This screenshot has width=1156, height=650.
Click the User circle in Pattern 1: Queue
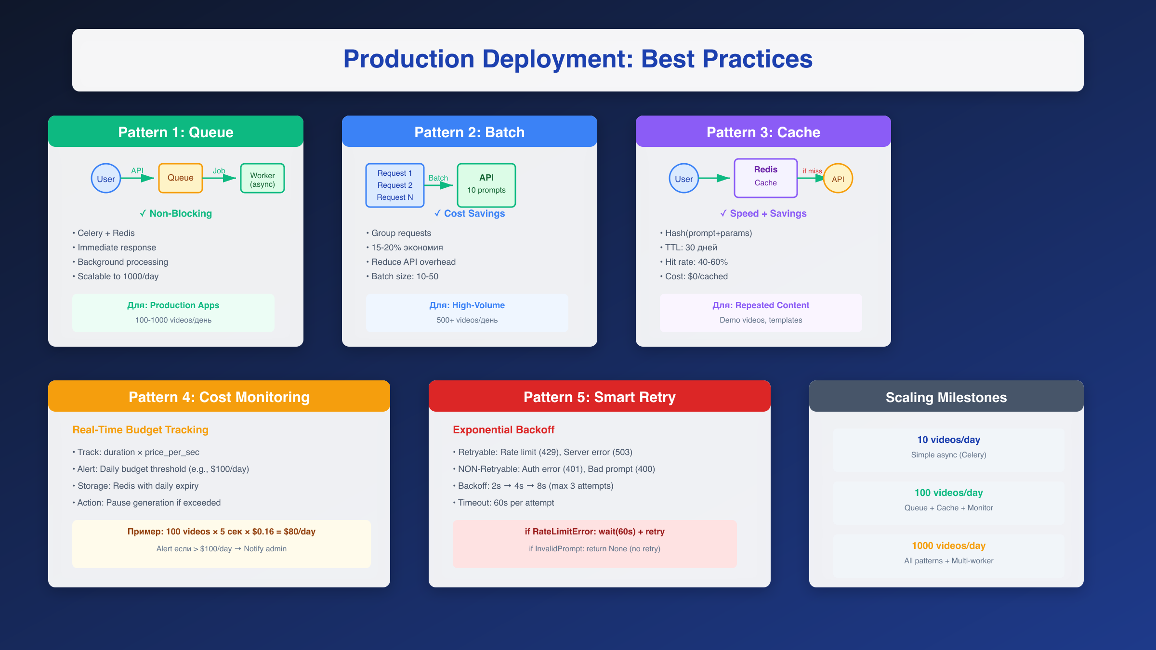pyautogui.click(x=106, y=179)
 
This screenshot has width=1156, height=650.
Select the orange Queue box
pyautogui.click(x=181, y=178)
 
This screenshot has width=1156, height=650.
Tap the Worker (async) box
pyautogui.click(x=263, y=179)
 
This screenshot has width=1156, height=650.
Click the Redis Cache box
pyautogui.click(x=765, y=178)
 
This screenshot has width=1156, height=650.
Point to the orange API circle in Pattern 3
pyautogui.click(x=838, y=179)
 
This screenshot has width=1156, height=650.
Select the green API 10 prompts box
pyautogui.click(x=486, y=185)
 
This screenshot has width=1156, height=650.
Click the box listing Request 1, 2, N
pyautogui.click(x=394, y=185)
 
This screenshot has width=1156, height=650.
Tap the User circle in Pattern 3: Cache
pyautogui.click(x=683, y=179)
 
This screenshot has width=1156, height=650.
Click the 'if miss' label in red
pyautogui.click(x=812, y=171)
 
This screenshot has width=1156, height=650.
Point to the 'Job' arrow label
pyautogui.click(x=219, y=171)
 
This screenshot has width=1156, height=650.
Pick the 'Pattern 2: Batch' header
pyautogui.click(x=470, y=132)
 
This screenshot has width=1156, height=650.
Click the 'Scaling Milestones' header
pyautogui.click(x=946, y=397)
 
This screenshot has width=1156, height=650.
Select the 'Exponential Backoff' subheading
pyautogui.click(x=503, y=429)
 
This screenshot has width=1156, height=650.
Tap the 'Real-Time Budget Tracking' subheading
pyautogui.click(x=140, y=429)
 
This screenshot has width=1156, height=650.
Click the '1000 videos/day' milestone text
pyautogui.click(x=948, y=546)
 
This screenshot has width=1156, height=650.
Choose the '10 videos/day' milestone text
pyautogui.click(x=948, y=440)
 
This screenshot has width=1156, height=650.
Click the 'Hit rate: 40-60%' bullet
pyautogui.click(x=696, y=262)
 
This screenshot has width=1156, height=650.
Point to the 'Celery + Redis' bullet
pyautogui.click(x=106, y=233)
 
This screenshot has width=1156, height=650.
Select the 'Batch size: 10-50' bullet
pyautogui.click(x=405, y=276)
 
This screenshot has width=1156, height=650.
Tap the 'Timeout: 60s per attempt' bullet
pyautogui.click(x=506, y=503)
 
